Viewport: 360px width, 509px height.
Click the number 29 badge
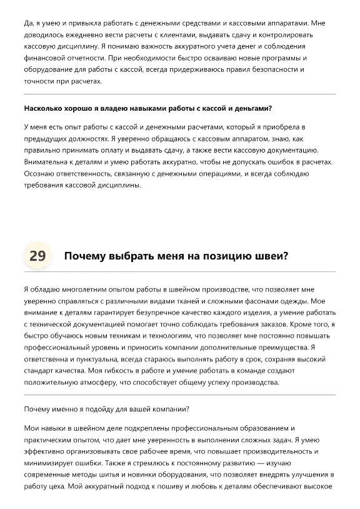click(37, 256)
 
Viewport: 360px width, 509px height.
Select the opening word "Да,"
click(29, 23)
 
